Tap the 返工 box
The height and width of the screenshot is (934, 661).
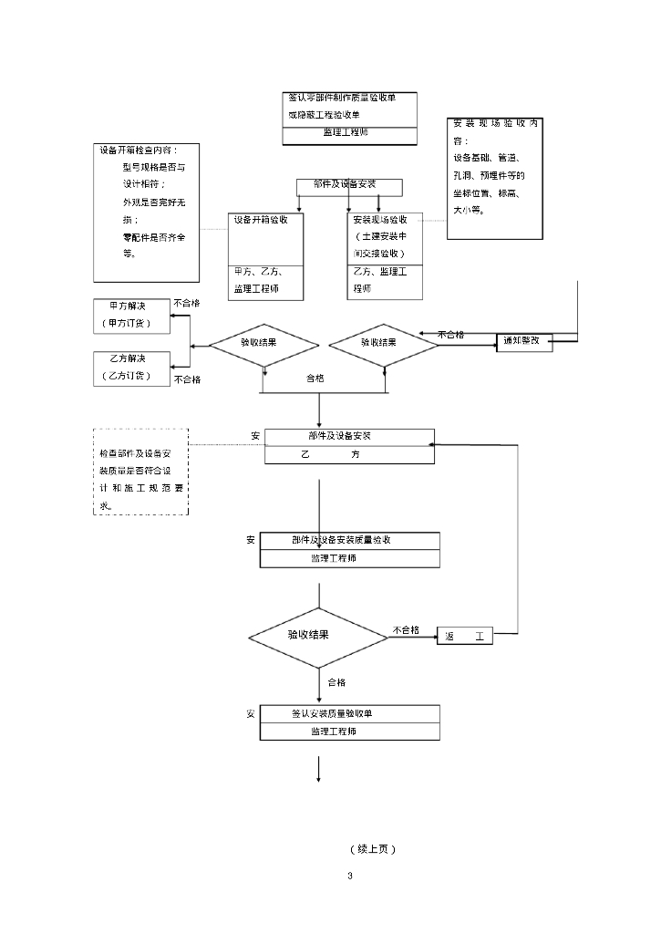point(465,637)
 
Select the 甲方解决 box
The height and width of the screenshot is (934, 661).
point(132,314)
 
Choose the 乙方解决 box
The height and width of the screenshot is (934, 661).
point(132,367)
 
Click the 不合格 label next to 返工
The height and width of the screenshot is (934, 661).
point(406,629)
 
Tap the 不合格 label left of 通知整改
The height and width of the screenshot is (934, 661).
point(450,334)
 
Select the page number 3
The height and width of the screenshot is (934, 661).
point(349,876)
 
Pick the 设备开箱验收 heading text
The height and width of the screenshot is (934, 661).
point(262,220)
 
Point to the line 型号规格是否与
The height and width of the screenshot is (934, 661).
point(153,168)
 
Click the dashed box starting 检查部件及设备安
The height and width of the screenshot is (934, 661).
point(141,472)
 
